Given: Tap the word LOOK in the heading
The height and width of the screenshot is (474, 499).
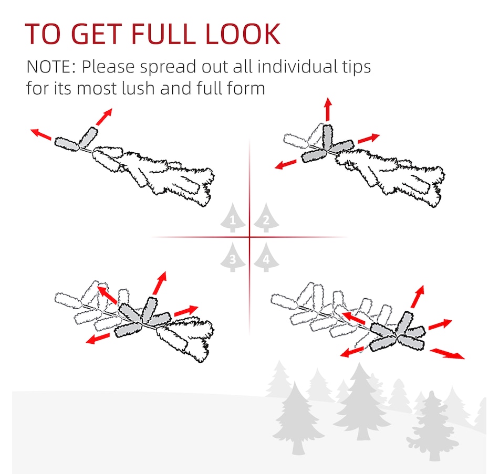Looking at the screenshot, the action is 243,34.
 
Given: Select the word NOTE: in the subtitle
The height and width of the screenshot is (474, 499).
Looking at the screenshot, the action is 51,67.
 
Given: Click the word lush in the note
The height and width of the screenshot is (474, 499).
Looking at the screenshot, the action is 139,88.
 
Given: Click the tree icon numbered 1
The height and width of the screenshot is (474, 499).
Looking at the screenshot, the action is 233,218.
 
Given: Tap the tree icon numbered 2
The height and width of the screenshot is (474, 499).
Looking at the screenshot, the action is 266,218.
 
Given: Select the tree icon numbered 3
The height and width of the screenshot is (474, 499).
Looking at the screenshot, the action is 233,257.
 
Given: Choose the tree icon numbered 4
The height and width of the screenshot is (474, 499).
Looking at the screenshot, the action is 266,257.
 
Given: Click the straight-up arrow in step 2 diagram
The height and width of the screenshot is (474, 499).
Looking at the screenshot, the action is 328,109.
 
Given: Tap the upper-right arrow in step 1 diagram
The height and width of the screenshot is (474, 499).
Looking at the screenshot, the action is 104,117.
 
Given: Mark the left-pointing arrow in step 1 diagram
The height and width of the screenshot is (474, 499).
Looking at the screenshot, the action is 41,134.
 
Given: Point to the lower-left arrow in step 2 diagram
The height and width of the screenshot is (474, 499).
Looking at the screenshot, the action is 285,164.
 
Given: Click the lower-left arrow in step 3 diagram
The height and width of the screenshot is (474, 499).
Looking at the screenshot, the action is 98,339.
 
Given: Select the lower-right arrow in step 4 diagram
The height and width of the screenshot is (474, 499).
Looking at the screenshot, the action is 447,354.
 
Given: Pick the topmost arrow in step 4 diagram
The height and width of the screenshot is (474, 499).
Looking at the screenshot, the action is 418,297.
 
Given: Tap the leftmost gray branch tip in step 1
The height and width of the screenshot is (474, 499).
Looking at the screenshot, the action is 67,144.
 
